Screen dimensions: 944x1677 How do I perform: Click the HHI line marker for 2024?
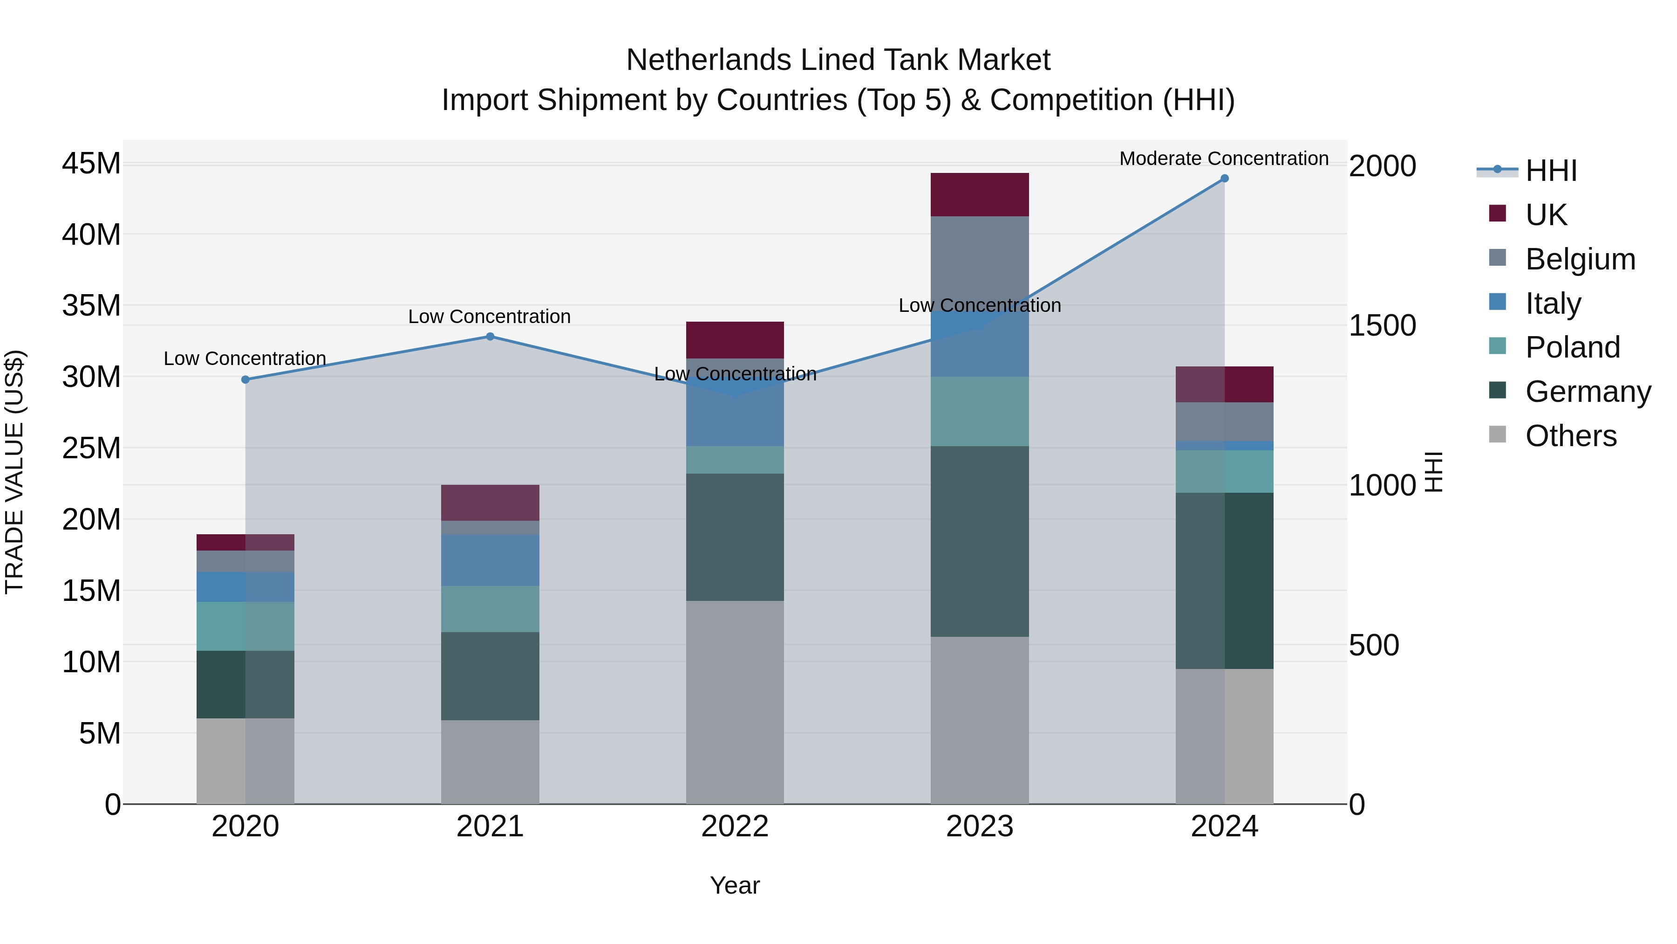[1224, 179]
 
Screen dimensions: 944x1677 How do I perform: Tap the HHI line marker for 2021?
[490, 337]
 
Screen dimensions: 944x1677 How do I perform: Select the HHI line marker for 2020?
[245, 380]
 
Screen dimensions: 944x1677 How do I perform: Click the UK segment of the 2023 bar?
[979, 195]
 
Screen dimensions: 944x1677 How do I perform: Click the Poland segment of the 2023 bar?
[979, 411]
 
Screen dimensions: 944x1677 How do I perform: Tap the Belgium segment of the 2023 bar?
[979, 261]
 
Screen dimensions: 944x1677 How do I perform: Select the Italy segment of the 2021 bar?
[490, 560]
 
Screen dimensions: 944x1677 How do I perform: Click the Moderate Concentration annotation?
[1223, 159]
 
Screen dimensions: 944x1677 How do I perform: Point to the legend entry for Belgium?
[1580, 259]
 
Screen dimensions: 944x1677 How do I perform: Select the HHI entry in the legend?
[1551, 171]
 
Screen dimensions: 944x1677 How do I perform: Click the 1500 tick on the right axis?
[1382, 326]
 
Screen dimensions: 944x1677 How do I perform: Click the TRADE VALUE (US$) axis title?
[14, 472]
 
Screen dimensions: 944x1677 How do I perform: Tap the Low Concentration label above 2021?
[489, 317]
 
